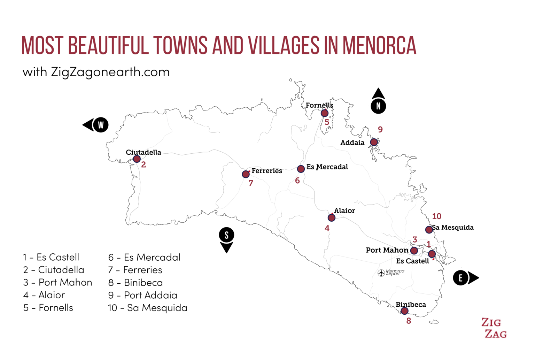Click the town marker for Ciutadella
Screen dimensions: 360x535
pos(137,159)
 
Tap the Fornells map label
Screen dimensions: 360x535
pos(319,105)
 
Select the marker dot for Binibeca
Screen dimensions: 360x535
pos(404,311)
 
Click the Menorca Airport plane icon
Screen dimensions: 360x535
pos(381,273)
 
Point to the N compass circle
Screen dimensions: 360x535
pos(378,106)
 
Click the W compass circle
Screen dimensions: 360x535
pos(101,125)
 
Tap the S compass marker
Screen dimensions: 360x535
pos(226,235)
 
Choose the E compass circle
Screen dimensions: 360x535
pos(460,278)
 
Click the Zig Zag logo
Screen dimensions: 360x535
pos(494,328)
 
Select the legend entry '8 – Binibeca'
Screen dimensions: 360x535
pos(135,283)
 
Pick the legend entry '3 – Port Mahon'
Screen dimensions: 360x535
pos(58,282)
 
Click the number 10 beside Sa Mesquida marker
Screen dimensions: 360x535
pos(436,216)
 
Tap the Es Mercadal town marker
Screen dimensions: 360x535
pos(301,169)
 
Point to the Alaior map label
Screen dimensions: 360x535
pos(344,210)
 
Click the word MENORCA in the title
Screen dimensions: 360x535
pos(379,46)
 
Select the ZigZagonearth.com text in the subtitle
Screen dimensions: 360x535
pos(110,72)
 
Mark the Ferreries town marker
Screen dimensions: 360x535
pos(246,174)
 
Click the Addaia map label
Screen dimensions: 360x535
pos(352,143)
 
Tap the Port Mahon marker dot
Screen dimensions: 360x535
pos(414,251)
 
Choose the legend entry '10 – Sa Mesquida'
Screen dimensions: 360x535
pos(148,308)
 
